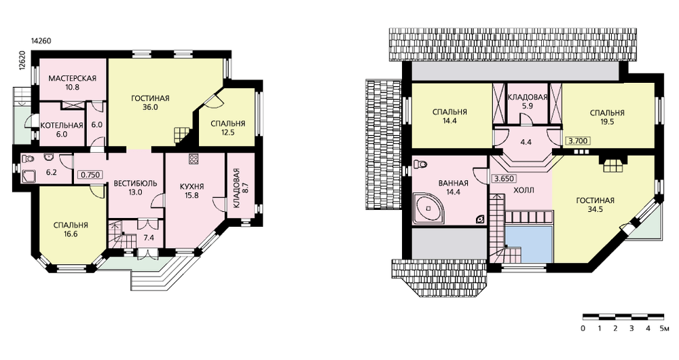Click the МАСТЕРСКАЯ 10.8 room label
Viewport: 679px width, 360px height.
point(72,83)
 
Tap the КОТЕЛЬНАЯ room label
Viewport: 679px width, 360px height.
point(62,126)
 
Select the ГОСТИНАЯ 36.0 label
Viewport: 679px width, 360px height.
point(150,103)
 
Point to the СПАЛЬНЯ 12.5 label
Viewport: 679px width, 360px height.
point(227,128)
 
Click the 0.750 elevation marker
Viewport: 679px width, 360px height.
point(90,175)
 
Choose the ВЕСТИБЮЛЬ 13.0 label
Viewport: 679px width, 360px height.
point(135,187)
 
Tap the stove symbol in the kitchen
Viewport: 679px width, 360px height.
point(193,159)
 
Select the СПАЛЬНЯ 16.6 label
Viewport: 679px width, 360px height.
point(71,230)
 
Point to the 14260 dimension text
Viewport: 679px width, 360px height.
point(41,41)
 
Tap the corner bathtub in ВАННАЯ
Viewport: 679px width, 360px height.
point(428,209)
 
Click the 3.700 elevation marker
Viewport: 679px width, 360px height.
point(578,141)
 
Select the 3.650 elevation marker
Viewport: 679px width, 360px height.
point(504,179)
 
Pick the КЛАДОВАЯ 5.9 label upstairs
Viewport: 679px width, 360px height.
point(528,101)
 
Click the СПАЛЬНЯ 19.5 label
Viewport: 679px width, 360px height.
point(607,118)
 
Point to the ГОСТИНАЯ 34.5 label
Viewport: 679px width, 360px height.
point(595,205)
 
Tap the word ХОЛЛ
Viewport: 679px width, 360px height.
point(524,190)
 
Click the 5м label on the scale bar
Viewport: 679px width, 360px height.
point(664,328)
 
